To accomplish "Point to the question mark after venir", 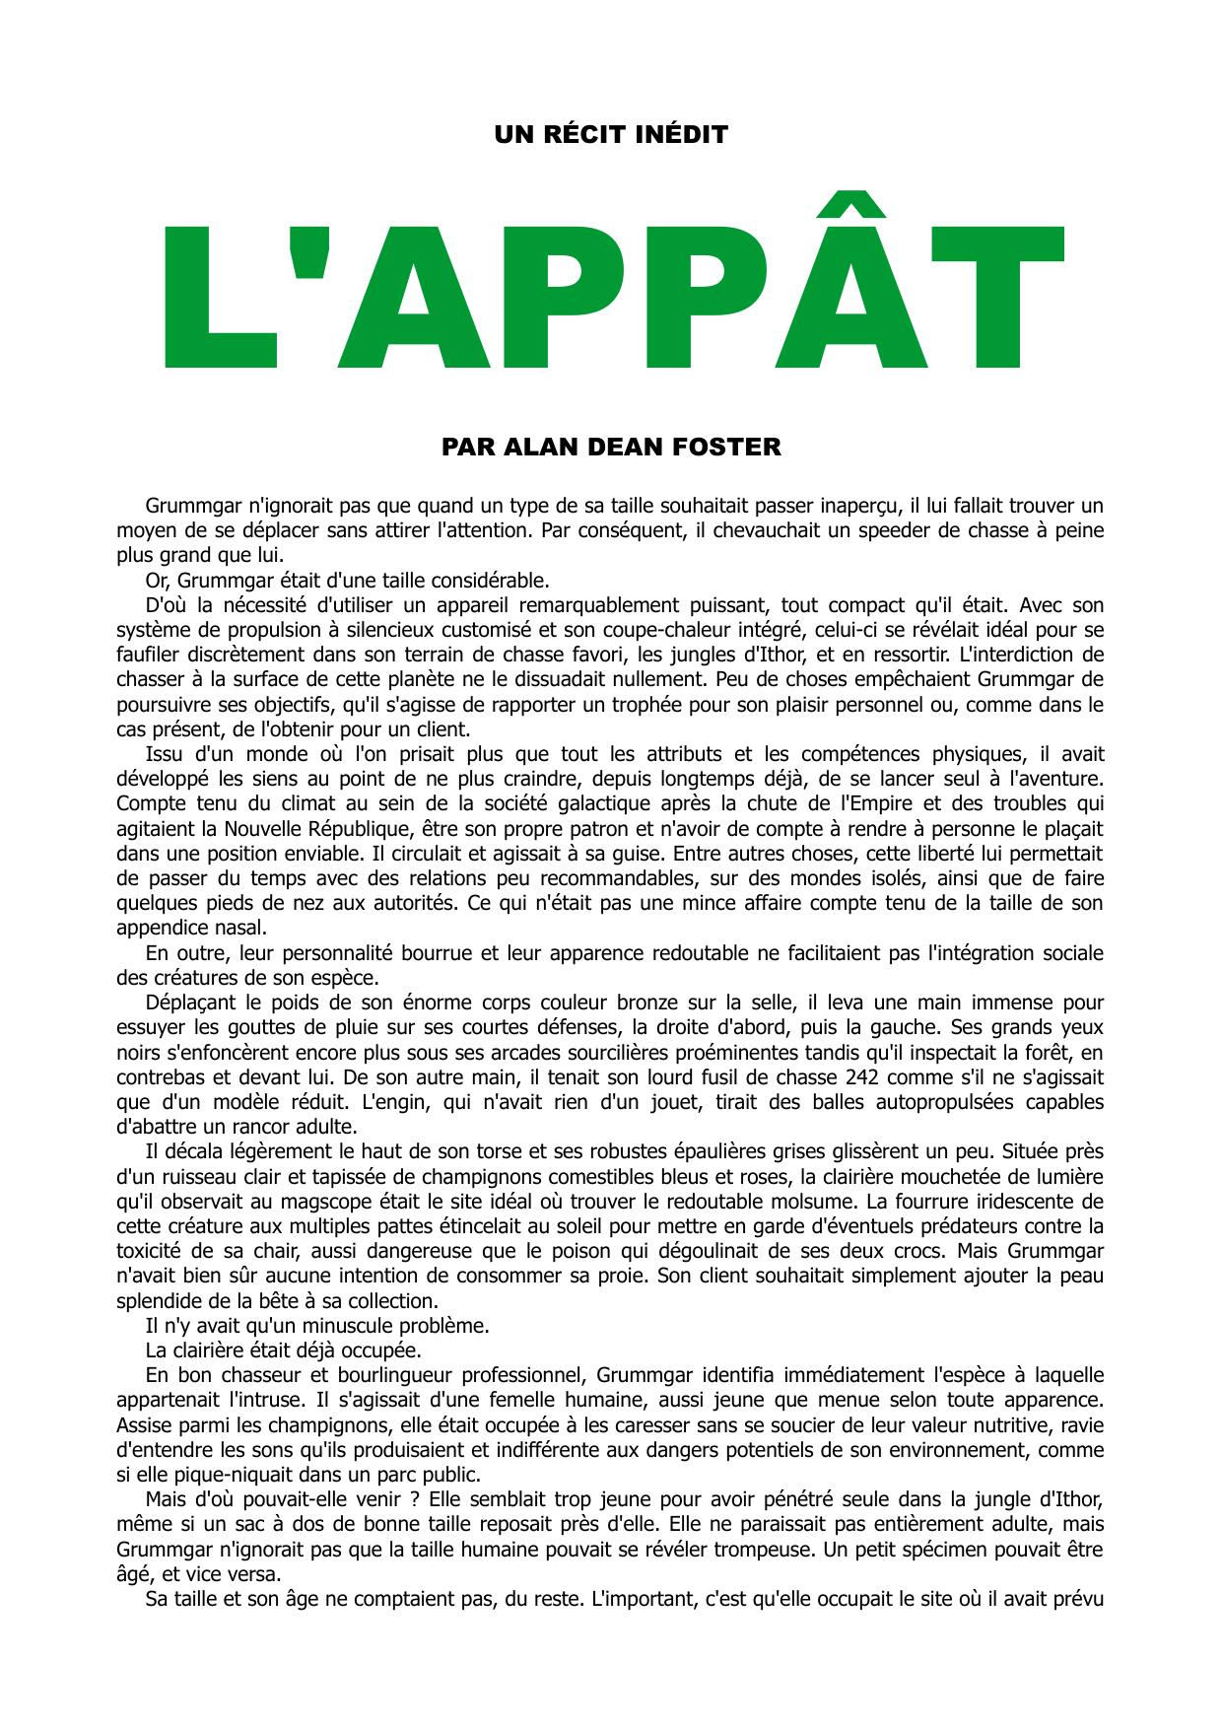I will pyautogui.click(x=418, y=1499).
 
